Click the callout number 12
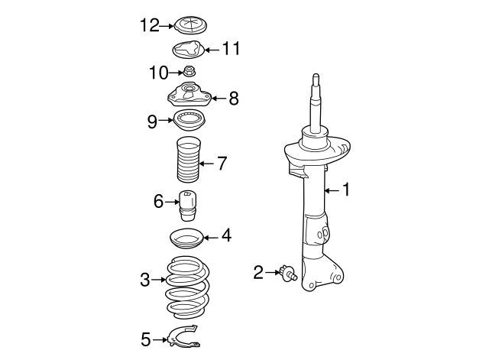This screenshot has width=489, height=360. point(150,25)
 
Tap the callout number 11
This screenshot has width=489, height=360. point(231,49)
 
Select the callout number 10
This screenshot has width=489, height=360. point(158,73)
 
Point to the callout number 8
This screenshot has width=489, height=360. point(234,98)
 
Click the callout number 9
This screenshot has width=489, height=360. point(152,120)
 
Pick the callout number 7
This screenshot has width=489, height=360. point(222,163)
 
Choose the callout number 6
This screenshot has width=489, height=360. point(158,202)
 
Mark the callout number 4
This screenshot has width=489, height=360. point(226,235)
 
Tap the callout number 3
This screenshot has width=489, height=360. point(145,281)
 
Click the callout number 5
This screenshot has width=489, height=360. point(145,339)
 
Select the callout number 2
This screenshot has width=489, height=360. point(258,271)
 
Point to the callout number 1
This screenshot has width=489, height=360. point(345,189)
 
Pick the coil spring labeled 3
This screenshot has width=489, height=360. point(186,289)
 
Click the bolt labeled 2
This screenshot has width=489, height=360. point(288,273)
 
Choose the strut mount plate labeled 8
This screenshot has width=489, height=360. point(188,98)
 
